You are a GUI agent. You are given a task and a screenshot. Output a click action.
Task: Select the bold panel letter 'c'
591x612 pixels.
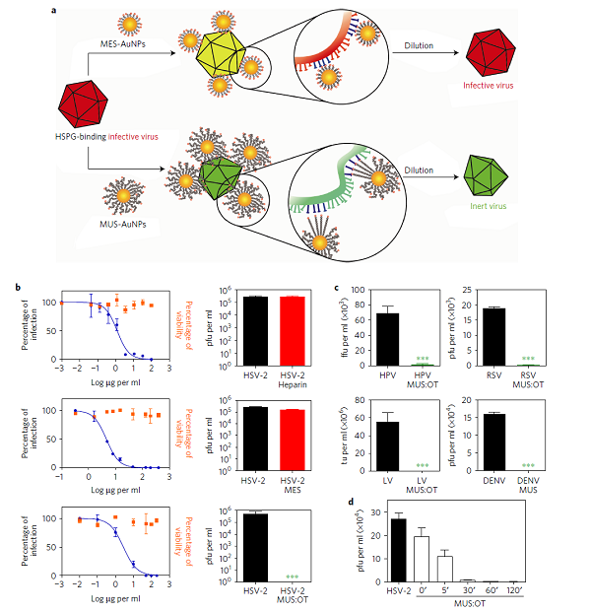click(x=337, y=288)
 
